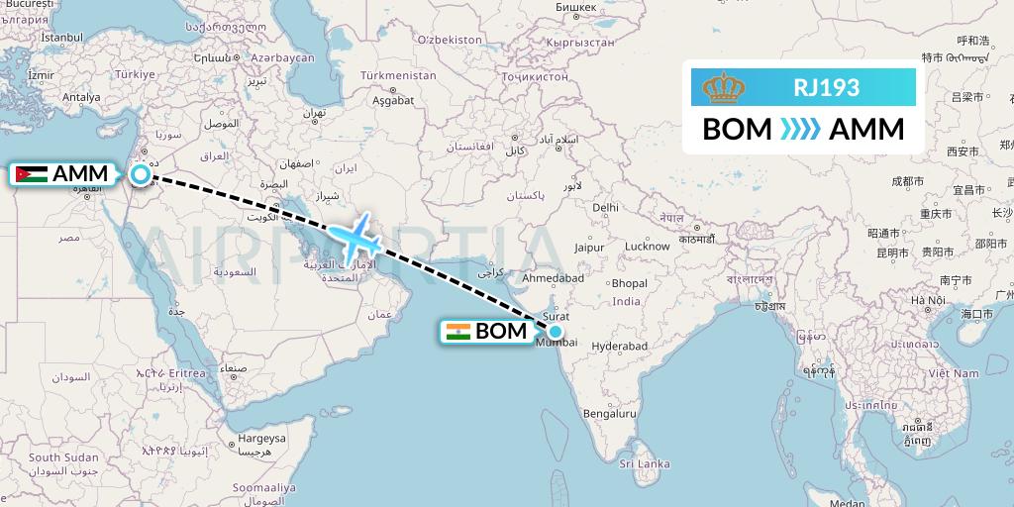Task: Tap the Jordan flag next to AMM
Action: (31, 175)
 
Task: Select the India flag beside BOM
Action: (457, 333)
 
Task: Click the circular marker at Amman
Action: (141, 175)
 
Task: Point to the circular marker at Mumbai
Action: (556, 333)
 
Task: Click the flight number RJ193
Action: (826, 87)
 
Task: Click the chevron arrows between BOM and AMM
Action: (800, 130)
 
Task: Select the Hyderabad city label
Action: (619, 347)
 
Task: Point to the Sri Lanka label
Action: (644, 463)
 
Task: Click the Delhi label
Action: (605, 207)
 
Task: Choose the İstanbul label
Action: (60, 37)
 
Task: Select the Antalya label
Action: (81, 97)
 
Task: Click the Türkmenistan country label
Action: (398, 75)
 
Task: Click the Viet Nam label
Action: (953, 373)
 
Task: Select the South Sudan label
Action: (63, 457)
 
